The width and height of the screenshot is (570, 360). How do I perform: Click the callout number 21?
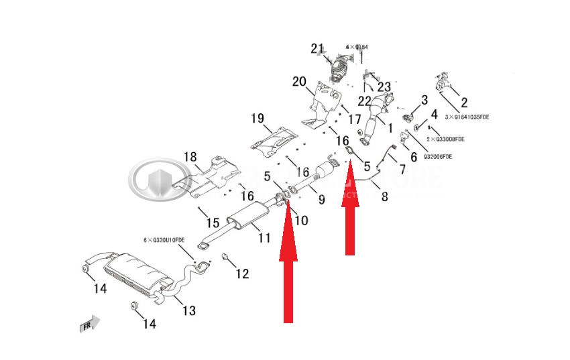(x=317, y=48)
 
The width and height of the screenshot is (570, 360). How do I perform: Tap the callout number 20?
(x=298, y=82)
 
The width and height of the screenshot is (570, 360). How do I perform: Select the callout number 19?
(x=258, y=119)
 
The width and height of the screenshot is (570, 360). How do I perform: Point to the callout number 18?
(x=190, y=156)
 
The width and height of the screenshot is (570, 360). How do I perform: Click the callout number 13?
(x=189, y=310)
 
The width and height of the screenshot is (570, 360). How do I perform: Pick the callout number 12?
(x=242, y=274)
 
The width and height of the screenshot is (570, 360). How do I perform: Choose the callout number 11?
(x=264, y=237)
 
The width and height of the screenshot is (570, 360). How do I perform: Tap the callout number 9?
(x=321, y=199)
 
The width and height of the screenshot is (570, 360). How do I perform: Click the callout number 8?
(x=384, y=196)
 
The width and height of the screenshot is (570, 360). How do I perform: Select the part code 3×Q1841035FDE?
(x=467, y=117)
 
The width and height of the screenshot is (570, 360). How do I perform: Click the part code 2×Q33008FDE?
(x=445, y=139)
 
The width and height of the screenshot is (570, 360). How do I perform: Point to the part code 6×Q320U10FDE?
(x=164, y=239)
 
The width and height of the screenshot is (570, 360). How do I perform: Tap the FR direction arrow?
(x=89, y=324)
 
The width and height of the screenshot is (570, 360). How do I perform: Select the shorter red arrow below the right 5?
(x=350, y=211)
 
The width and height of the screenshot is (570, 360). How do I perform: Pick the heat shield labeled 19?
(x=275, y=141)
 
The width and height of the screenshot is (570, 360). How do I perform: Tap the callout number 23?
(x=384, y=87)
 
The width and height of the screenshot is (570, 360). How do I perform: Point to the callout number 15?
(x=213, y=223)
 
